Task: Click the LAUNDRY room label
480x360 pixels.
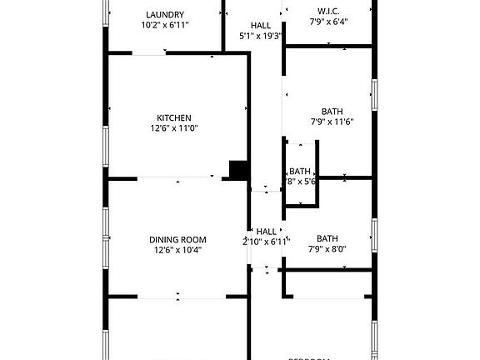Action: [165, 14]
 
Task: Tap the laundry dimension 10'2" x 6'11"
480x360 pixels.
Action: [165, 25]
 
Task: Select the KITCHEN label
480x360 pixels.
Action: [175, 117]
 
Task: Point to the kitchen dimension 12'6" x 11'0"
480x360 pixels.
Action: [175, 128]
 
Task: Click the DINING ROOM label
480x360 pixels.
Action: [177, 239]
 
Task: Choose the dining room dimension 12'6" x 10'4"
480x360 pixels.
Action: [177, 250]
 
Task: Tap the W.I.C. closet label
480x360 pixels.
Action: [327, 11]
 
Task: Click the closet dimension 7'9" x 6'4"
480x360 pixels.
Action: [328, 22]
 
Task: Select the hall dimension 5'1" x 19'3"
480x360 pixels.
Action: [261, 37]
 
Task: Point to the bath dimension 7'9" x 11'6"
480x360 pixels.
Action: [332, 122]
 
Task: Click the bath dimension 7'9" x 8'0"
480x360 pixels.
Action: [327, 248]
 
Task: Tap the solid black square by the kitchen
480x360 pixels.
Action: [239, 169]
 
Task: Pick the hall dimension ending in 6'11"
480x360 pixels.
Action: [263, 242]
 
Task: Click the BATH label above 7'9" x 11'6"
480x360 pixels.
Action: [332, 111]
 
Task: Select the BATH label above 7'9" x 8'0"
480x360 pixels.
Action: [327, 237]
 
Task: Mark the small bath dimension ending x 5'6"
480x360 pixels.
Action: [300, 181]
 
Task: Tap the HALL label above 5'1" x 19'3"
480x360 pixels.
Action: [260, 26]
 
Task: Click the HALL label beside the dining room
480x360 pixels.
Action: [266, 232]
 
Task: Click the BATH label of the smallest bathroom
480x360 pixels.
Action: [300, 171]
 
